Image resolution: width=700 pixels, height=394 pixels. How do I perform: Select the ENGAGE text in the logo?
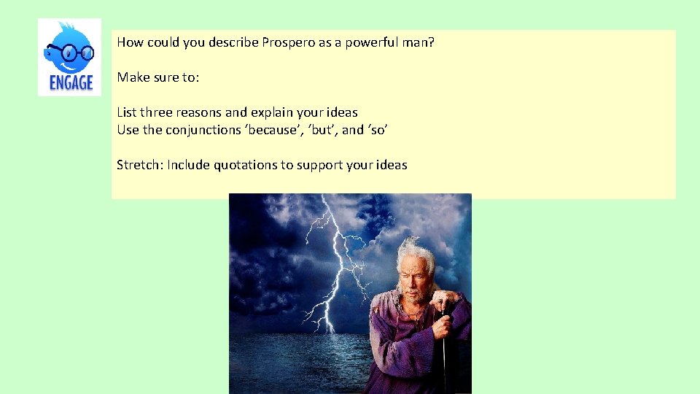[x=71, y=82]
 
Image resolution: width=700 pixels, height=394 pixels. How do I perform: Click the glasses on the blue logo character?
[x=71, y=53]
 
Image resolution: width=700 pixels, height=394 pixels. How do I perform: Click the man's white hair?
[x=416, y=252]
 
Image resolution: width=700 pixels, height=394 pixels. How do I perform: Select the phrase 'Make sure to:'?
[x=157, y=77]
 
